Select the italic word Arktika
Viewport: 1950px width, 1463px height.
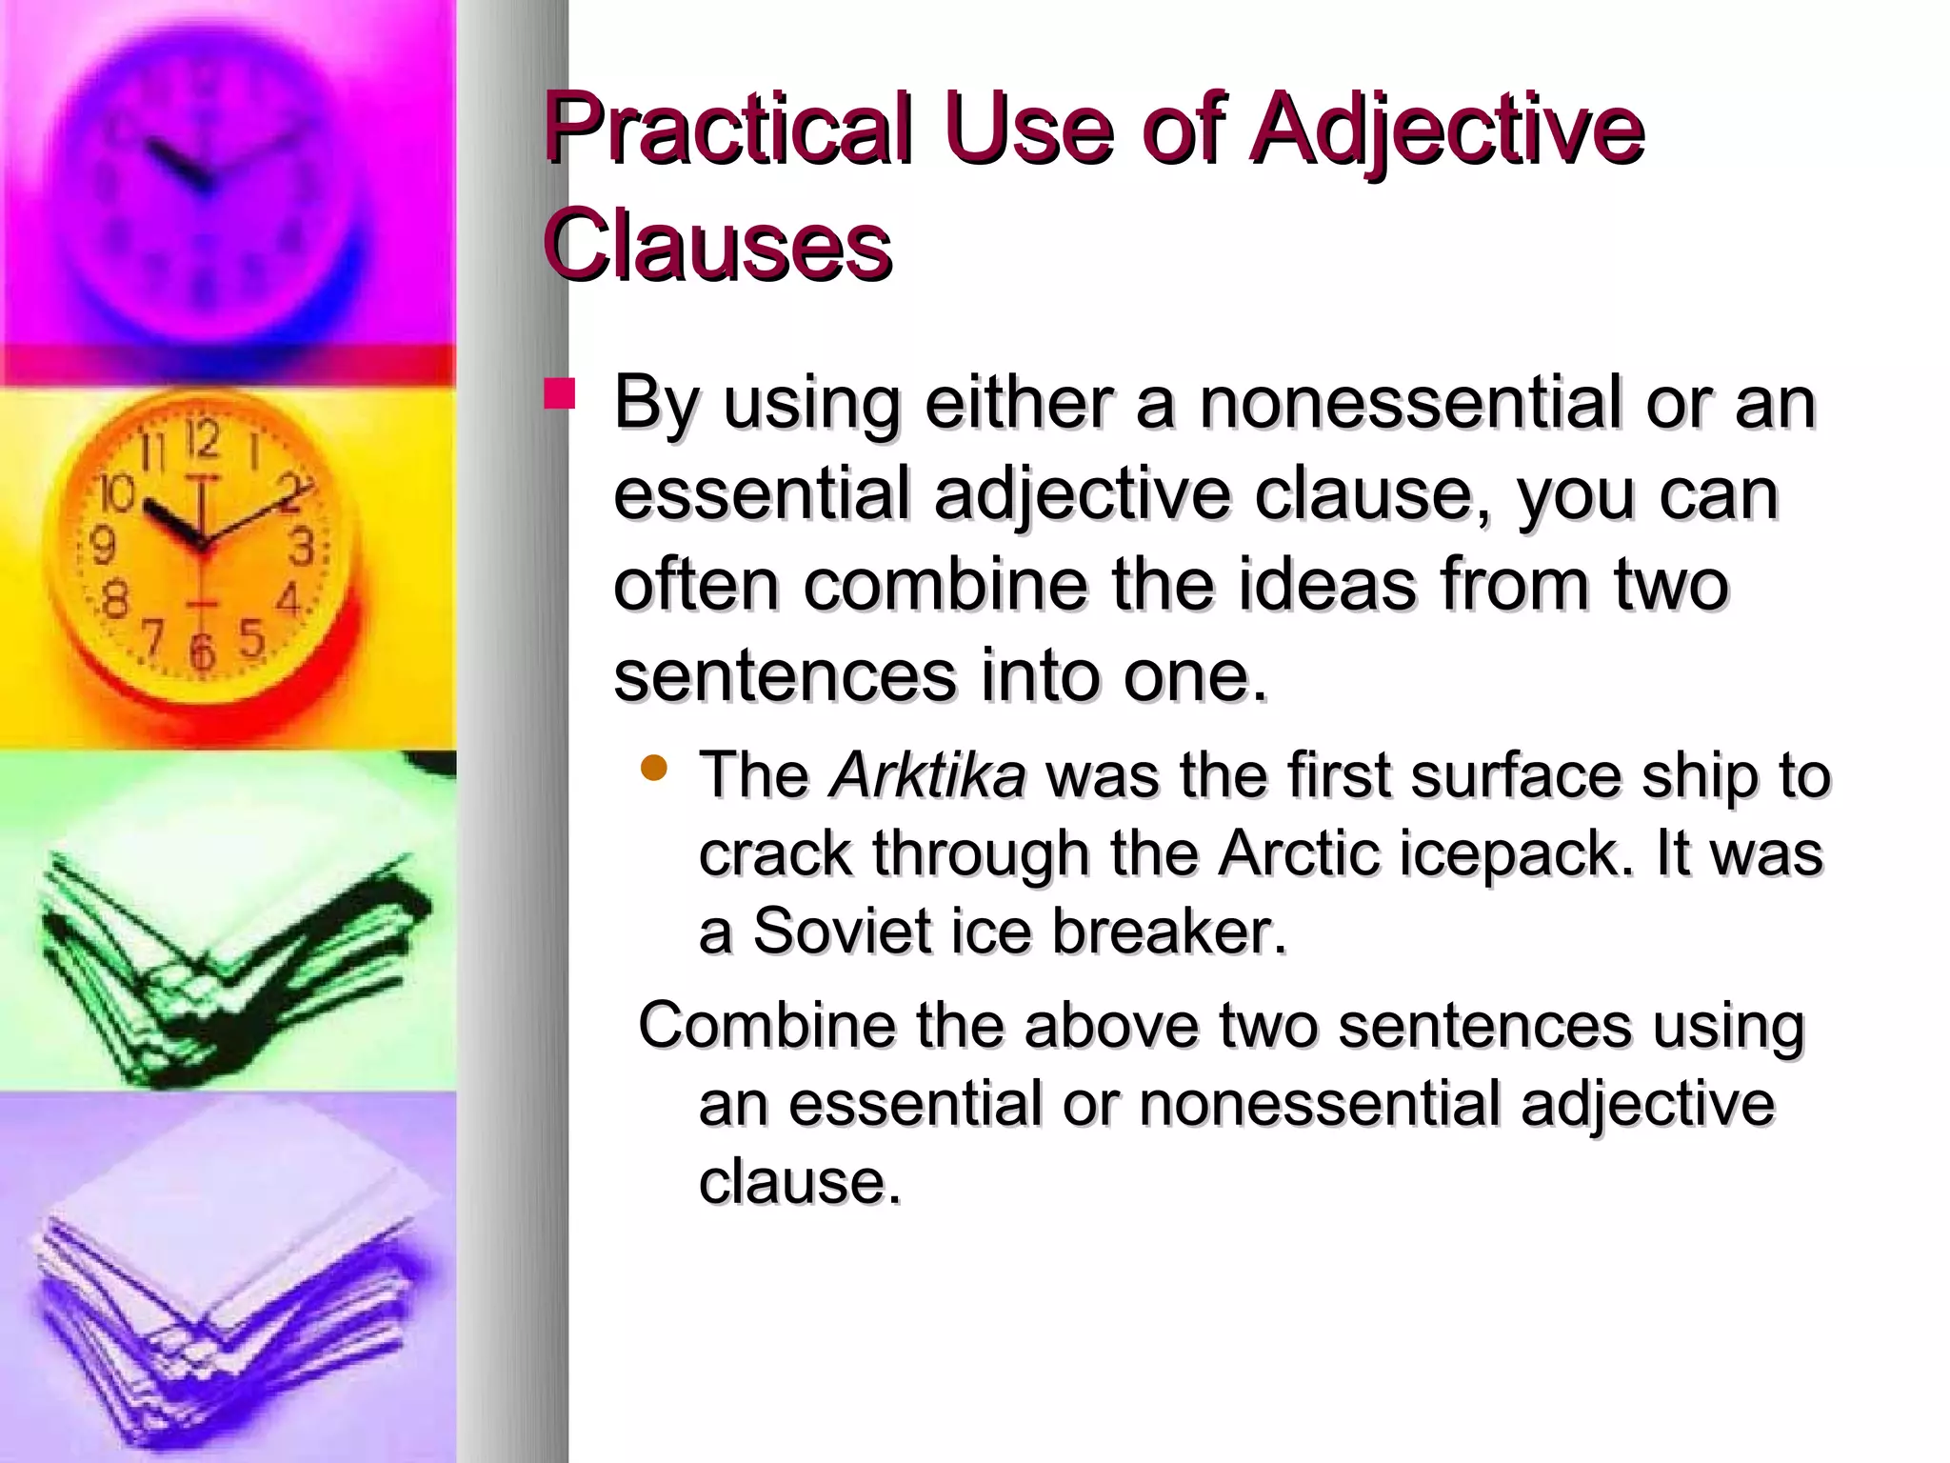tap(928, 775)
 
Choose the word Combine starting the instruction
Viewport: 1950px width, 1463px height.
tap(766, 1027)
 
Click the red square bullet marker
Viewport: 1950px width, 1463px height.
tap(560, 394)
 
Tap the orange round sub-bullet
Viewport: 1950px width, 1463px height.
tap(654, 768)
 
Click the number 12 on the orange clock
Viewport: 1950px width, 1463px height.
tap(202, 439)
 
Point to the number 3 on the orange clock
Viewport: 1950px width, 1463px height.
tap(302, 547)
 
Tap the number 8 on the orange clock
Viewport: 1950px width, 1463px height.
tap(114, 600)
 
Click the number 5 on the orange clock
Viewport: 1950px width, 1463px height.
tap(251, 638)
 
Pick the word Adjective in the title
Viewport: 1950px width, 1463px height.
tap(1447, 130)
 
